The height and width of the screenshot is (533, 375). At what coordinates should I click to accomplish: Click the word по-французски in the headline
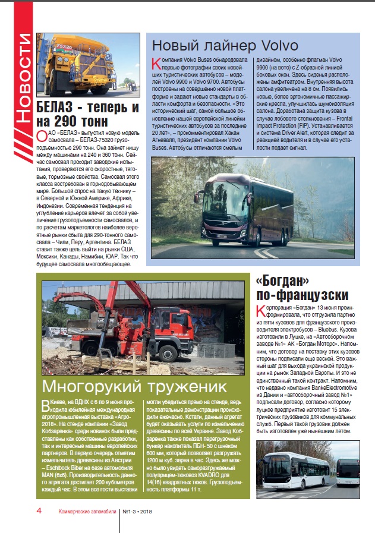coord(301,295)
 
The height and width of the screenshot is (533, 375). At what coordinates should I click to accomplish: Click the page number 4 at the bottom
coord(39,510)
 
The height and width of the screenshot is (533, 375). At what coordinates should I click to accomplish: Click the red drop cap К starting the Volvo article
coord(156,63)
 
